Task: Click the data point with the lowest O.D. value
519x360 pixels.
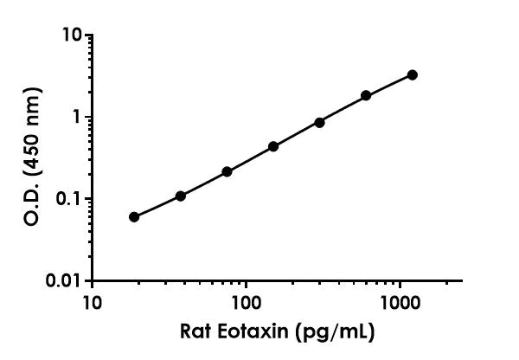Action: pyautogui.click(x=134, y=216)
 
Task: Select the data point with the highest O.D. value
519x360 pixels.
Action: pyautogui.click(x=413, y=75)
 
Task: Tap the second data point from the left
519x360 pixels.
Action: pyautogui.click(x=181, y=196)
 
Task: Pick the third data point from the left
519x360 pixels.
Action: pyautogui.click(x=227, y=171)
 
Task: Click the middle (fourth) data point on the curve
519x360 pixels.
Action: pyautogui.click(x=273, y=146)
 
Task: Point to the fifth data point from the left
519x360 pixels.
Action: pyautogui.click(x=320, y=122)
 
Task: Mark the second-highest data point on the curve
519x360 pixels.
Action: pyautogui.click(x=366, y=95)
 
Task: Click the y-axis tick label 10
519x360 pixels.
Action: pyautogui.click(x=73, y=35)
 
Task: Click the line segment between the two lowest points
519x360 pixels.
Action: pyautogui.click(x=157, y=206)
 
